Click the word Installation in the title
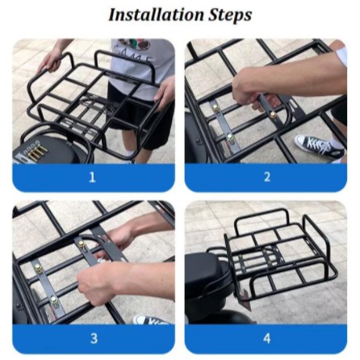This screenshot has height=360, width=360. point(156,15)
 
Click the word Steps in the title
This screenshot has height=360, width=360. point(230,16)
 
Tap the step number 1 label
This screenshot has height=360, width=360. point(92,178)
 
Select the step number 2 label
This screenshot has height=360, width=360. point(266,178)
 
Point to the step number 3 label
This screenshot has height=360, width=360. point(94,338)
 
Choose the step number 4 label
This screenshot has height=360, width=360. point(266,338)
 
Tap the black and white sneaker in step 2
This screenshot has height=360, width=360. point(319,146)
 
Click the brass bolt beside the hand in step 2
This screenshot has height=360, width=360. point(274,115)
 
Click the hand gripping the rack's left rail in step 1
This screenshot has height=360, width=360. point(50,61)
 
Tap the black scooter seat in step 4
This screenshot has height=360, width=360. point(207,273)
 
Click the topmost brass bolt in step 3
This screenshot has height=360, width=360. point(81,244)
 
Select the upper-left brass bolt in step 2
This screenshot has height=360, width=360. point(216,108)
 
